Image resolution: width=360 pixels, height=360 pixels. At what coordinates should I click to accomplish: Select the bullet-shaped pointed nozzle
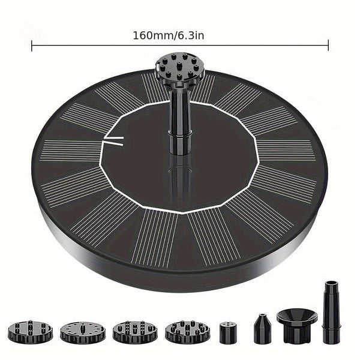(262, 329)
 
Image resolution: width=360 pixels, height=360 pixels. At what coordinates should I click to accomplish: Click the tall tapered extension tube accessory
(329, 311)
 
